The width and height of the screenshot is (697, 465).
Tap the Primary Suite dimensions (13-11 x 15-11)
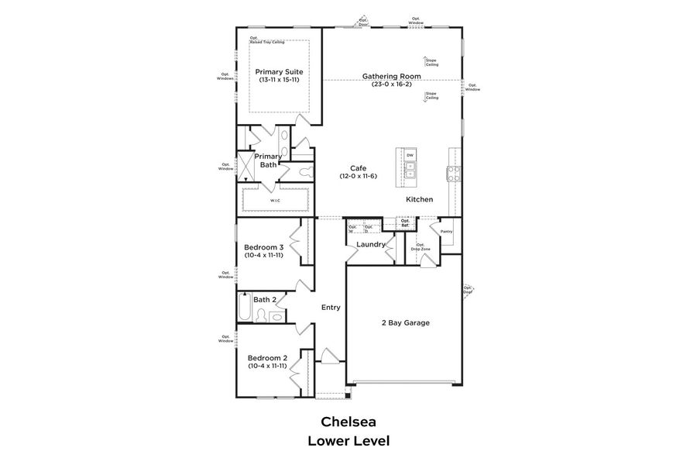279,80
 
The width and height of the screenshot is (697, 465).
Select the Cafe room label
358,167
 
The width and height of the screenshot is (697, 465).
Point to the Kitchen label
420,199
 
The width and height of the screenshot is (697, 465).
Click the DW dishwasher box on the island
410,153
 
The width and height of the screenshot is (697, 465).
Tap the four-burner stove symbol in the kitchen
453,173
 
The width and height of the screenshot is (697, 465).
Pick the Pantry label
446,231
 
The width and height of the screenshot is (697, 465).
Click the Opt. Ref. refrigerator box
405,222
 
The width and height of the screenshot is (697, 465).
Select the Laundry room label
371,244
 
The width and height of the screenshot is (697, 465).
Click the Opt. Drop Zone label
421,247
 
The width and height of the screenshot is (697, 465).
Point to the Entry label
331,308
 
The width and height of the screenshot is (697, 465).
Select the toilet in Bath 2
262,315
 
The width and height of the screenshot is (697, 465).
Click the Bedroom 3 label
266,247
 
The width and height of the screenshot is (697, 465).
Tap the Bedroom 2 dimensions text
268,366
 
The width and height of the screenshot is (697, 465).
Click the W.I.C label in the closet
275,201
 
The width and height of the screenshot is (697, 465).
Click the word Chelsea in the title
348,422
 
